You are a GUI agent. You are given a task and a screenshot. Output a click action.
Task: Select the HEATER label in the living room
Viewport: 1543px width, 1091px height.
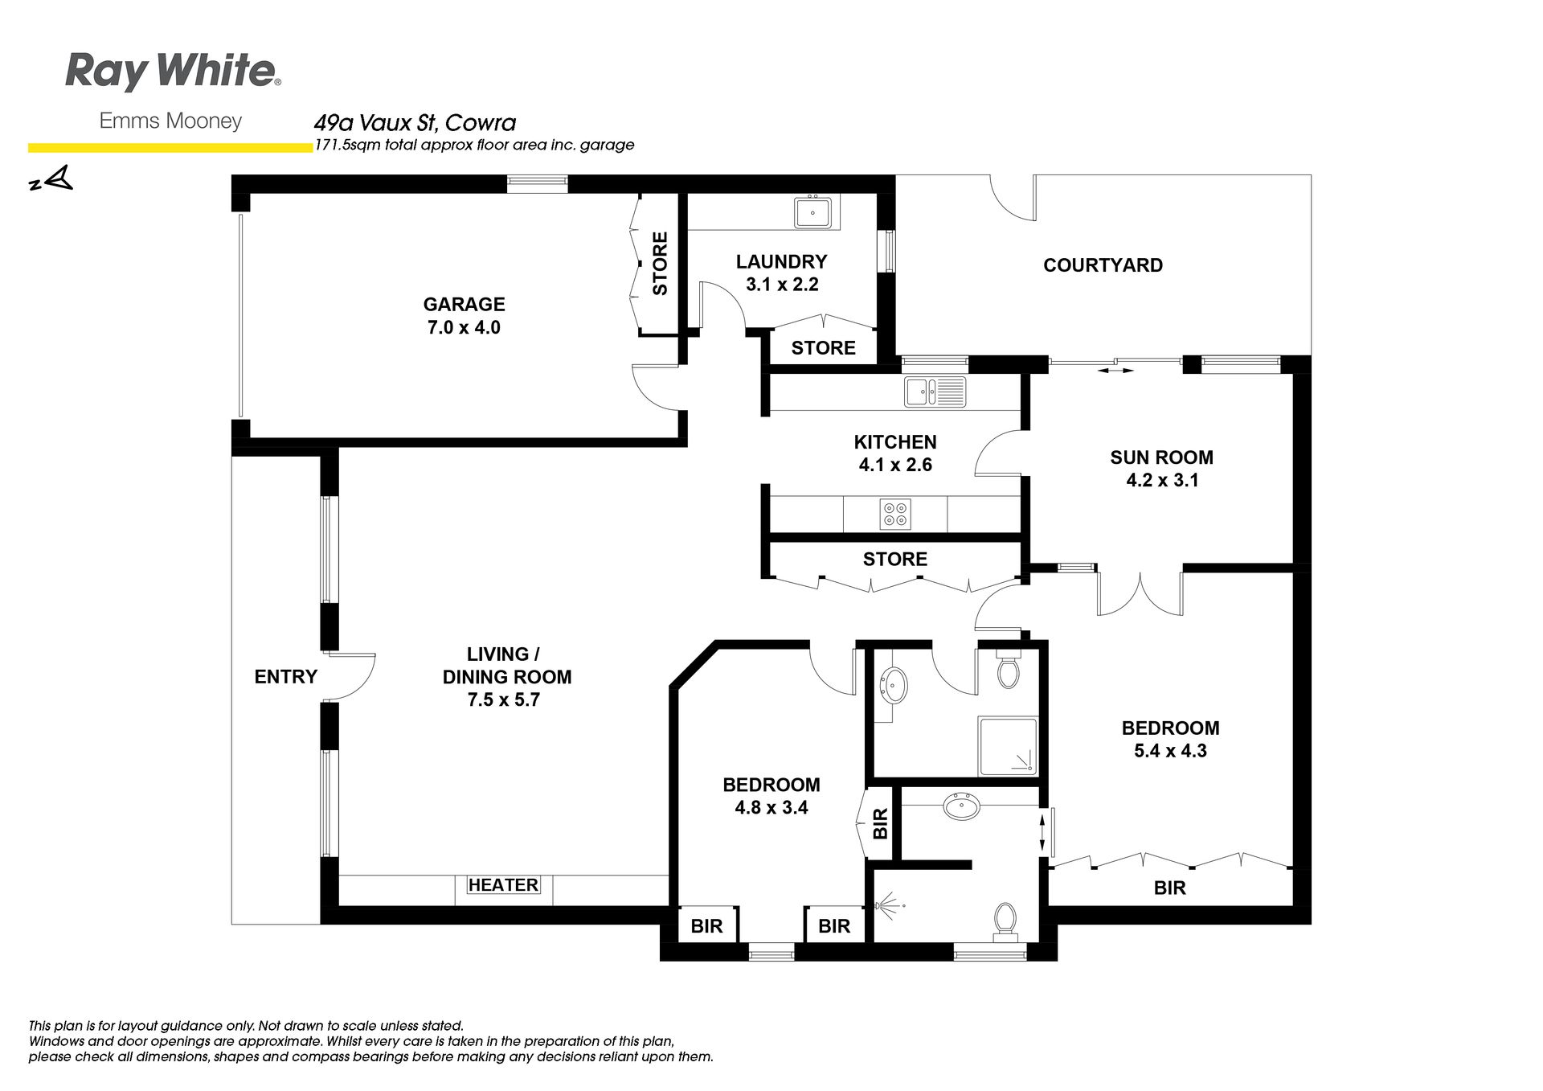(503, 885)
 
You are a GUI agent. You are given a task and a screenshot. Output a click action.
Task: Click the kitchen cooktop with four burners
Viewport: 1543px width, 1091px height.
(894, 514)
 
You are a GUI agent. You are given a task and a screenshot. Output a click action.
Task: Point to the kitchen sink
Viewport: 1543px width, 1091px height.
(935, 392)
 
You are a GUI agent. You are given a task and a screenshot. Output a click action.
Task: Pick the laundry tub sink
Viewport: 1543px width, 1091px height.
(813, 212)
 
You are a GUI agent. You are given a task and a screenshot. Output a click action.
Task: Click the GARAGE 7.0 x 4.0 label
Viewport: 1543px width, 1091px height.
(464, 316)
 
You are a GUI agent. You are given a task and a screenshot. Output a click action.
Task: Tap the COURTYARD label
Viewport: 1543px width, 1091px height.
(1103, 265)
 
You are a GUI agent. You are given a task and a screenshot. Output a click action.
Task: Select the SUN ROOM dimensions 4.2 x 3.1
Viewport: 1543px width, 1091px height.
(1162, 481)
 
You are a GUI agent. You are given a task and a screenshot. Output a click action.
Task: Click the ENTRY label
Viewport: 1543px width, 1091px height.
(286, 677)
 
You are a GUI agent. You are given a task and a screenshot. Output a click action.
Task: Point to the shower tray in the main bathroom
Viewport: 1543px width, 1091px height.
(1008, 747)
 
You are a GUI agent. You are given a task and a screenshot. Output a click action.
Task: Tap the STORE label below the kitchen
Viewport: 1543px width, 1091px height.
(895, 560)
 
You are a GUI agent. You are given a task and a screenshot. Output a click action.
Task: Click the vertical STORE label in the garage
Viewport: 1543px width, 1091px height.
(660, 264)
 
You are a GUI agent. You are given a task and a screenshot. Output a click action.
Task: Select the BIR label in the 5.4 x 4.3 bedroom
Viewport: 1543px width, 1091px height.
(1170, 888)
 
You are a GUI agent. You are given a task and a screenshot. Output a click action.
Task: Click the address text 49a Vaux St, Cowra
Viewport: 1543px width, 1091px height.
(415, 123)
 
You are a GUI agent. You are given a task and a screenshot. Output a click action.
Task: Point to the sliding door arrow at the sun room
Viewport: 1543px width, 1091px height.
(1115, 371)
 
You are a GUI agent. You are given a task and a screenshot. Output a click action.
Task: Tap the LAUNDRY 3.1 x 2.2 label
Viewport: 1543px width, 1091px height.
(781, 273)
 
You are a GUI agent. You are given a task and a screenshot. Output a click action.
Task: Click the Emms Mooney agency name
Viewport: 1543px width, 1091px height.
(170, 121)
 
